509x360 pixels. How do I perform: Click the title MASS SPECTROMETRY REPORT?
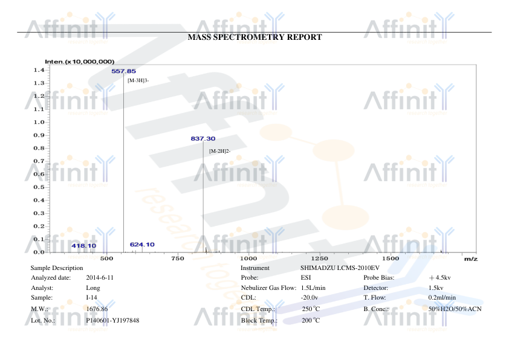click(x=254, y=37)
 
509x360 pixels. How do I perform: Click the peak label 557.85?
click(x=123, y=71)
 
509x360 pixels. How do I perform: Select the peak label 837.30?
click(x=203, y=138)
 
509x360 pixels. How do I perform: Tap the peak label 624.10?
click(x=142, y=244)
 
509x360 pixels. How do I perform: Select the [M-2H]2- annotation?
click(x=220, y=150)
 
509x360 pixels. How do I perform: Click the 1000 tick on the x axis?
click(x=248, y=258)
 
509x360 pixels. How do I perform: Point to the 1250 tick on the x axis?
click(x=319, y=258)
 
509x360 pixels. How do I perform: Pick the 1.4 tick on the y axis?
click(x=38, y=70)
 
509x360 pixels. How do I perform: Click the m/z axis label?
click(x=470, y=259)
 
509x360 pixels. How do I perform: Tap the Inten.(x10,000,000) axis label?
click(x=80, y=62)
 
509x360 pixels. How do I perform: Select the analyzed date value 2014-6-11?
click(x=100, y=277)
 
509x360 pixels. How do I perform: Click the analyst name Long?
click(x=92, y=288)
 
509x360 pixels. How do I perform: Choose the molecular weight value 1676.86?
click(x=97, y=309)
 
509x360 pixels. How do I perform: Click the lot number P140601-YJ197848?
click(x=112, y=320)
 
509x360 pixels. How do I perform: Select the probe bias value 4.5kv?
click(x=443, y=277)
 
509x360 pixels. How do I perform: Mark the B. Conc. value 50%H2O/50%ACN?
click(x=455, y=309)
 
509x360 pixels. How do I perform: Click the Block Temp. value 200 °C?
click(x=311, y=320)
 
